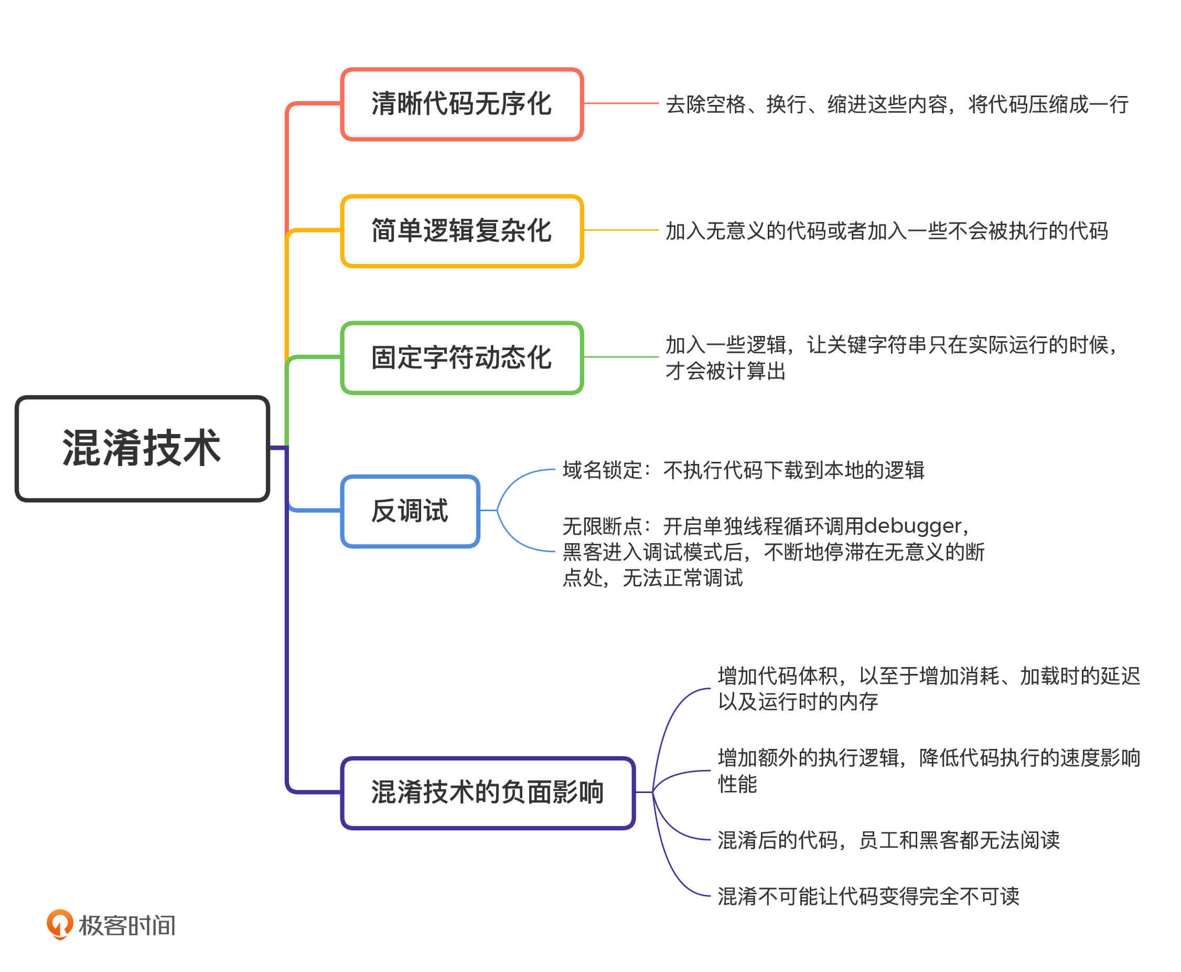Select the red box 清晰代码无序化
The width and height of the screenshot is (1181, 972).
[x=461, y=104]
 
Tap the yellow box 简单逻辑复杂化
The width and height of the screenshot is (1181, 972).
[x=461, y=231]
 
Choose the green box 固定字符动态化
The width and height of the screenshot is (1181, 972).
[x=461, y=358]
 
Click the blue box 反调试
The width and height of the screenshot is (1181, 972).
[x=410, y=511]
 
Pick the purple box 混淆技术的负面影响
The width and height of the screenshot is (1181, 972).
[x=487, y=793]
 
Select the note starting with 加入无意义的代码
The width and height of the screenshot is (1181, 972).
[x=886, y=231]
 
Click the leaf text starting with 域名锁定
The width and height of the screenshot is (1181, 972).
[x=743, y=470]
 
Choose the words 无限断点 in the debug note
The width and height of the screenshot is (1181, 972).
[x=602, y=526]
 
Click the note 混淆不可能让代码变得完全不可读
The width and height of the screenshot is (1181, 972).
[x=868, y=896]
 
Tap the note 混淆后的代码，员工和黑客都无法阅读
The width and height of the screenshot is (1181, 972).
[x=888, y=840]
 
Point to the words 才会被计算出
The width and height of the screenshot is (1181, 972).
[x=725, y=371]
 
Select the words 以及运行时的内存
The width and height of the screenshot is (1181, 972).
[x=798, y=702]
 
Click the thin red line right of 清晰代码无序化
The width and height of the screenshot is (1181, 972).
[x=620, y=103]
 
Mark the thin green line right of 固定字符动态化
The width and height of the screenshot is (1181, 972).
[x=620, y=357]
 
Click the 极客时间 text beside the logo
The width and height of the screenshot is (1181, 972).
[x=127, y=925]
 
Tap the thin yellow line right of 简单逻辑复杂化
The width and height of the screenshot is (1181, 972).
[x=620, y=230]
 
